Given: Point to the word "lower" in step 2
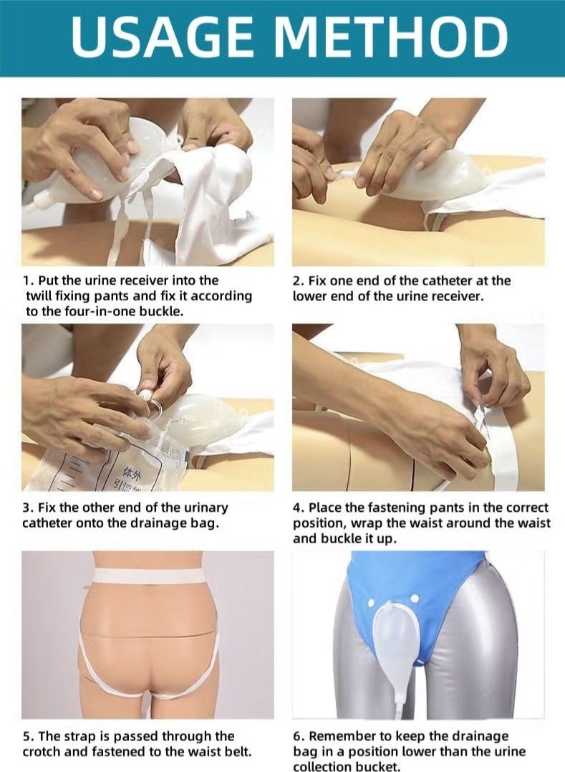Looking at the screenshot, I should coord(309,295).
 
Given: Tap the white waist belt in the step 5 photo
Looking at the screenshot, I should coord(148,574).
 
